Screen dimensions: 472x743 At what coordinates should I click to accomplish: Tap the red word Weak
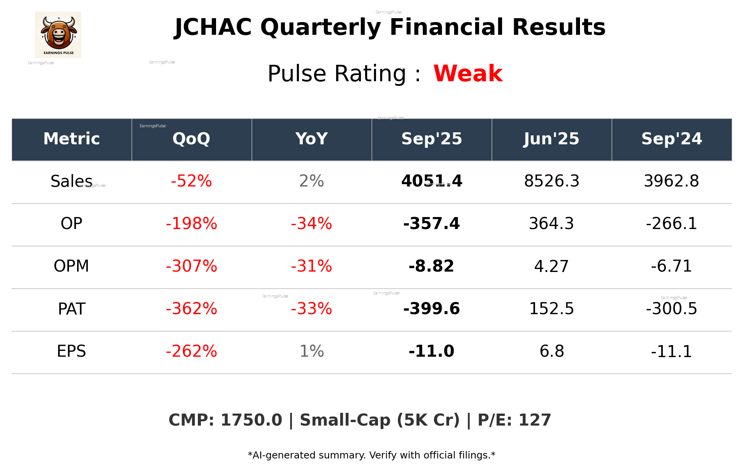pyautogui.click(x=468, y=74)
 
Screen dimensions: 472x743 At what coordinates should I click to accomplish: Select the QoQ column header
pyautogui.click(x=191, y=139)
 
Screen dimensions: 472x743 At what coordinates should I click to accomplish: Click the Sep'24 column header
pyautogui.click(x=671, y=139)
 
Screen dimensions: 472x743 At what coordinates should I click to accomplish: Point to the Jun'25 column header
pyautogui.click(x=551, y=139)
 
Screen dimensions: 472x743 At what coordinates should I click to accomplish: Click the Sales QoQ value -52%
pyautogui.click(x=191, y=181)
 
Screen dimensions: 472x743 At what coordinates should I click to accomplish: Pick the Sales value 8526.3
pyautogui.click(x=551, y=181)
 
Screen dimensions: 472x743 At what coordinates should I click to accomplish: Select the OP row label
pyautogui.click(x=72, y=224)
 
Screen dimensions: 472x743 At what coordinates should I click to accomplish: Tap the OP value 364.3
pyautogui.click(x=551, y=224)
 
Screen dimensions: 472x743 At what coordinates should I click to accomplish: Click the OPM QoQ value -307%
pyautogui.click(x=191, y=266)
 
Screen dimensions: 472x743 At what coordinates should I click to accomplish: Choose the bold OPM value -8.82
pyautogui.click(x=431, y=266)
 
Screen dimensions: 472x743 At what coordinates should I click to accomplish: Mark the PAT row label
pyautogui.click(x=72, y=309)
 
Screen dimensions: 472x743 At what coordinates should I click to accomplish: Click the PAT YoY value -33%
pyautogui.click(x=311, y=309)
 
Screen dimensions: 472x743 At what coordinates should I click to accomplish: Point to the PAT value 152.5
pyautogui.click(x=551, y=309)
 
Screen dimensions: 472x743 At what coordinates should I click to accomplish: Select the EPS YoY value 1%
pyautogui.click(x=311, y=351)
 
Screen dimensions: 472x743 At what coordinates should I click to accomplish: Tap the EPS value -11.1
pyautogui.click(x=671, y=351)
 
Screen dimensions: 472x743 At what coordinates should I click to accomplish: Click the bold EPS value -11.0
pyautogui.click(x=431, y=351)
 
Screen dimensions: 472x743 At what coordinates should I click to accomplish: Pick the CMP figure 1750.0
pyautogui.click(x=251, y=421)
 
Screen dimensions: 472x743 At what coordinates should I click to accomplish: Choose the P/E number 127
pyautogui.click(x=535, y=421)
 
